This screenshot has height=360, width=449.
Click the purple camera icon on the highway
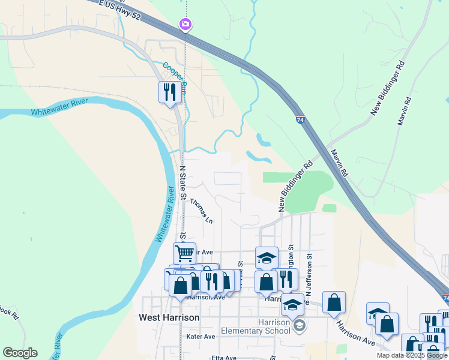point(185,24)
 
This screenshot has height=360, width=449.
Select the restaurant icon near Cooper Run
point(169,92)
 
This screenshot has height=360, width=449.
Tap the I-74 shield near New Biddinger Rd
point(299,120)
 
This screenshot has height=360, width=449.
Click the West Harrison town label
point(169,317)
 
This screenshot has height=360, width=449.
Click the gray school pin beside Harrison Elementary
point(300,326)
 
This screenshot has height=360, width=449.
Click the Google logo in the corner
point(20,353)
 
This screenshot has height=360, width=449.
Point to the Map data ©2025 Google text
point(411,355)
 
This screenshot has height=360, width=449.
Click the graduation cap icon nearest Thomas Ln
point(267,257)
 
